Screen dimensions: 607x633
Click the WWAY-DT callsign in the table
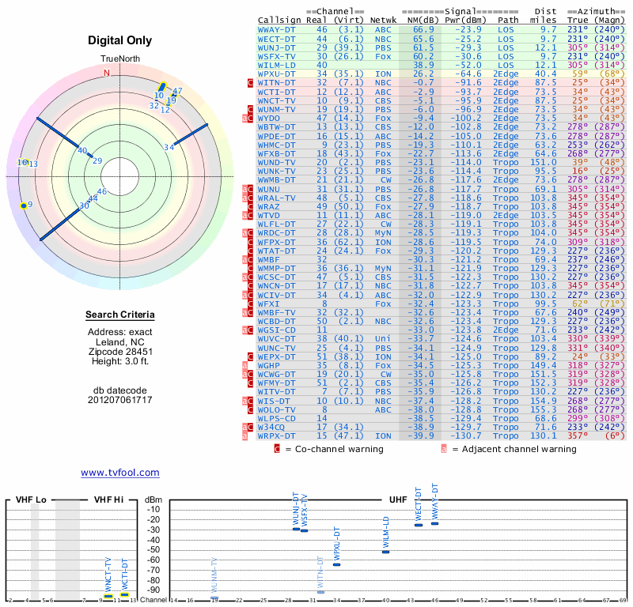point(277,30)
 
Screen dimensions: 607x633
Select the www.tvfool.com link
point(120,473)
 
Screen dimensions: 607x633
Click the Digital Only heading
point(120,40)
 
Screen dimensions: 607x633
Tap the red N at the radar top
point(107,73)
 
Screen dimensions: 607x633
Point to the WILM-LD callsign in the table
point(277,65)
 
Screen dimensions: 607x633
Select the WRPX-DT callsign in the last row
point(277,435)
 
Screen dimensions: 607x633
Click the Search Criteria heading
point(120,315)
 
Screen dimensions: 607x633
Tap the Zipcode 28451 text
point(120,352)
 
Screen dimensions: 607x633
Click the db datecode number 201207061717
point(120,400)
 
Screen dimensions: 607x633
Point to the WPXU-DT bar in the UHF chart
point(336,564)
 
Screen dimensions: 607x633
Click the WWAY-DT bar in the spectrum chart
point(434,523)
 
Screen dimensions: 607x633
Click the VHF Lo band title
point(30,500)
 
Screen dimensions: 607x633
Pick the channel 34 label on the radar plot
point(169,147)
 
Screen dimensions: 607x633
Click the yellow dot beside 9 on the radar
point(23,205)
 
